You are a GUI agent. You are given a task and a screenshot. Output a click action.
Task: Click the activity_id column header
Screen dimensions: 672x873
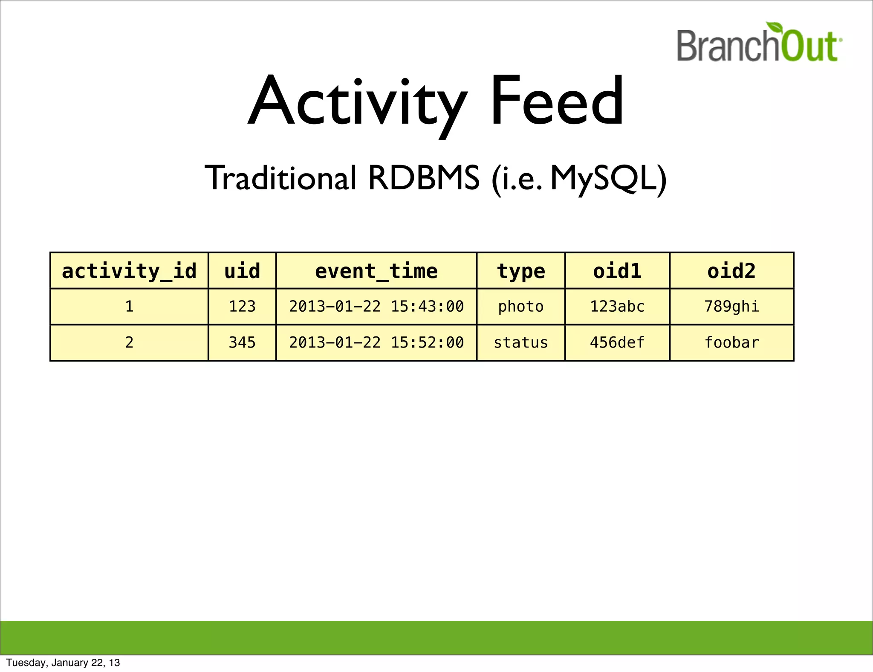point(129,271)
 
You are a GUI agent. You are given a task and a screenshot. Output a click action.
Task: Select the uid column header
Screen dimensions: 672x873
point(242,271)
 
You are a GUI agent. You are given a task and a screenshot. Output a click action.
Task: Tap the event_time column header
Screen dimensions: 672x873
point(376,271)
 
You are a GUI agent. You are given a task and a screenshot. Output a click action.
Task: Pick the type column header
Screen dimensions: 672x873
point(521,271)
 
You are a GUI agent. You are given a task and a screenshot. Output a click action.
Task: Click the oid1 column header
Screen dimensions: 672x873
point(617,271)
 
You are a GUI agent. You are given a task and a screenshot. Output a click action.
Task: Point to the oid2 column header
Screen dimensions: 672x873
point(731,271)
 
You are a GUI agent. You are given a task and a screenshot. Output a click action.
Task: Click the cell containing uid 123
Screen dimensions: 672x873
point(242,307)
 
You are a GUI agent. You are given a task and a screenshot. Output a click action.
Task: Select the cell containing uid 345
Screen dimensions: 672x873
point(242,342)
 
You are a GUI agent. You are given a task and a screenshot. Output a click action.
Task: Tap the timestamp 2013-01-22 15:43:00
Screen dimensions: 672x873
point(376,307)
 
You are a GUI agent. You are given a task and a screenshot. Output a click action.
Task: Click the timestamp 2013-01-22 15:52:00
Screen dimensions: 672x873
point(376,342)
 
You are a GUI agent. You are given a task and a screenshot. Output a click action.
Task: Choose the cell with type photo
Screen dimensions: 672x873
point(521,307)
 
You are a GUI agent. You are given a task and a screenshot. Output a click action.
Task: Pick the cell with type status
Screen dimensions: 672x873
point(521,342)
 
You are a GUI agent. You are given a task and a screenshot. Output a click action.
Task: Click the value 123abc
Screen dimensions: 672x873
point(617,307)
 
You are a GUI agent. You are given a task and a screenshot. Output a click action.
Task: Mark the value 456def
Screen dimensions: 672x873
point(617,342)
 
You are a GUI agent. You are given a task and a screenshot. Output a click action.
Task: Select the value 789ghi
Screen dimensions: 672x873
point(731,307)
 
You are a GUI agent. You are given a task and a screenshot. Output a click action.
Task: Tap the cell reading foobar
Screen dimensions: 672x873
point(731,342)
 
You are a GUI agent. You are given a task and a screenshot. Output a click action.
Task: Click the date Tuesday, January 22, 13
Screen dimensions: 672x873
point(63,663)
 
